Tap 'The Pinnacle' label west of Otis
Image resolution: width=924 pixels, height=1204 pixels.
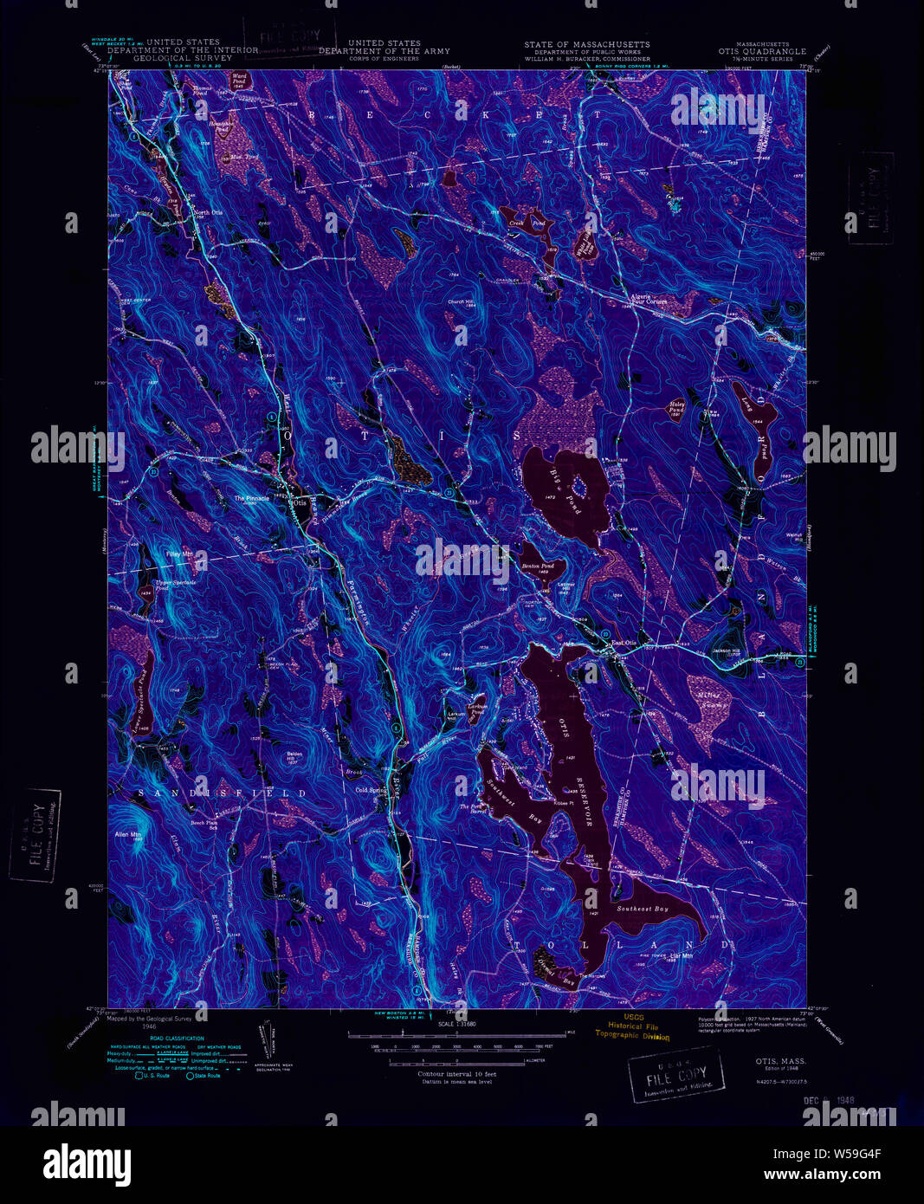pyautogui.click(x=251, y=498)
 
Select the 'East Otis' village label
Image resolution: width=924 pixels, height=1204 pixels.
pyautogui.click(x=624, y=643)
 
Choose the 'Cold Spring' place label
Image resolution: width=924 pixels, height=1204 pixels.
pyautogui.click(x=371, y=790)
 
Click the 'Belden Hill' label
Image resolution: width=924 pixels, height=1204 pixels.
pyautogui.click(x=294, y=757)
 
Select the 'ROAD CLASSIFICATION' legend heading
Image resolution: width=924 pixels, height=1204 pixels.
pyautogui.click(x=176, y=1039)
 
